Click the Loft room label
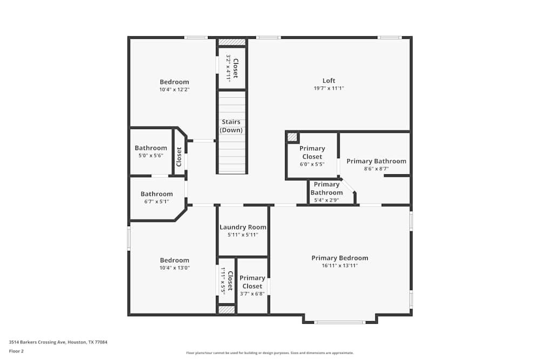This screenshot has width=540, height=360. point(329,81)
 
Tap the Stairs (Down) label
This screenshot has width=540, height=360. point(231,126)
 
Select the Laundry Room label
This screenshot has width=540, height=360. point(242,227)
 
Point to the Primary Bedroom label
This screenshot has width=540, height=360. point(340,258)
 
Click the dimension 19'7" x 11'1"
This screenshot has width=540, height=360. point(329,89)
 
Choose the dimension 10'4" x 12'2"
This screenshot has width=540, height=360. point(174,90)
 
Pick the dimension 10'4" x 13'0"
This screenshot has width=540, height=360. point(174,268)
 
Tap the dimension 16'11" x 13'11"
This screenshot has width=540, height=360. point(340,266)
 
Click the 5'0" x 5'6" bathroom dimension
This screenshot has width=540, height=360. point(151,155)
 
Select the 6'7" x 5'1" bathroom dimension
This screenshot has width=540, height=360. point(157,201)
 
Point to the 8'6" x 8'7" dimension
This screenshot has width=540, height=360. point(376,168)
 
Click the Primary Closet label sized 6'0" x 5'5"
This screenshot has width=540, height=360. point(312,152)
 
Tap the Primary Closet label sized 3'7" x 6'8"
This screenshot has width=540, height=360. point(252,282)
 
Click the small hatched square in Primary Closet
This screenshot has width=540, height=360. point(292,137)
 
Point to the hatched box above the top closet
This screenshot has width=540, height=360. point(232,42)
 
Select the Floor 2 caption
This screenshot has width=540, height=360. point(16,351)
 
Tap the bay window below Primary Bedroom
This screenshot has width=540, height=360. point(340,322)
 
